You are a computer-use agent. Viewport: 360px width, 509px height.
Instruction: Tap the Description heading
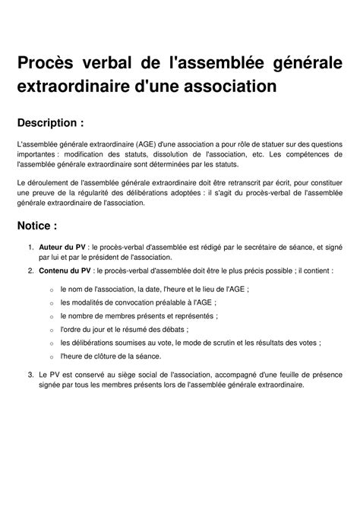(55, 123)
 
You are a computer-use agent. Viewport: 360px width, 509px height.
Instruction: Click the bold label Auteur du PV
(62, 247)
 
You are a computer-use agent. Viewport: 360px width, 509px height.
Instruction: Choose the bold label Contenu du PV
(65, 270)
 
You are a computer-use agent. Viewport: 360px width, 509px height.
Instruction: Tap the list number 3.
(30, 374)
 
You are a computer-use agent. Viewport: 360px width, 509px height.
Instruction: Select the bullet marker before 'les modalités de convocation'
(51, 303)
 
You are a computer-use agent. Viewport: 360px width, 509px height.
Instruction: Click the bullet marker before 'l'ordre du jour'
(51, 330)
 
